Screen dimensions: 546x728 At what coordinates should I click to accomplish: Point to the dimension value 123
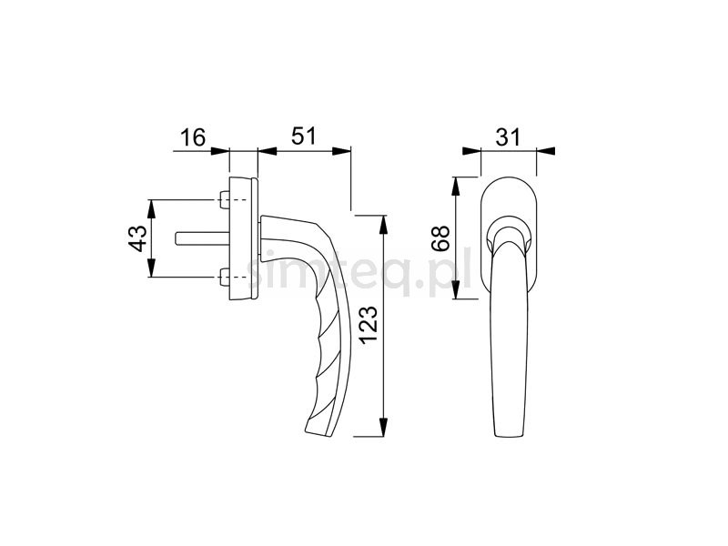coord(369,336)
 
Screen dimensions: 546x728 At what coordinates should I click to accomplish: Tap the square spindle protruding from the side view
coord(195,238)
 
